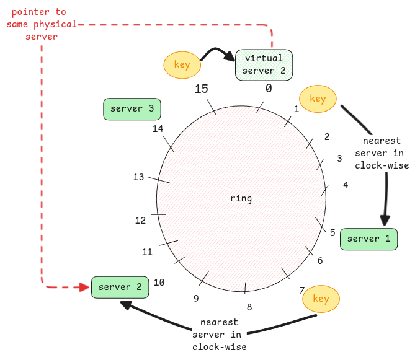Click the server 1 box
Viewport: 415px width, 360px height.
pos(368,239)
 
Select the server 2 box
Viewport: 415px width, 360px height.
pos(120,287)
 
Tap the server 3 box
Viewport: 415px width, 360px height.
pos(132,108)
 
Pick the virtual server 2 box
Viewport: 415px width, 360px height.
pos(264,64)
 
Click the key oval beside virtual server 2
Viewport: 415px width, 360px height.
pos(182,65)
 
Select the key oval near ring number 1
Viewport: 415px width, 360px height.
pos(318,99)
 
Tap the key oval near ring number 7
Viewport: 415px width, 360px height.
pos(321,299)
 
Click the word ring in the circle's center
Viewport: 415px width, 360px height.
pos(241,198)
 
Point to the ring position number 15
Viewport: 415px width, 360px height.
pos(201,89)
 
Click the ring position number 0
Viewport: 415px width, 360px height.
pos(269,89)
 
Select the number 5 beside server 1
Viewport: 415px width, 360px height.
pos(332,233)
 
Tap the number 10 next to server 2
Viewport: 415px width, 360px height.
pos(159,283)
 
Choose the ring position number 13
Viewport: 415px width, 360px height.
pos(138,177)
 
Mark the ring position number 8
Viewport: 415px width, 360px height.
pos(249,307)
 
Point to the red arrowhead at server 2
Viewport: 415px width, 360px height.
pos(84,287)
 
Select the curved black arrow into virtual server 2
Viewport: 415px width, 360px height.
pos(218,51)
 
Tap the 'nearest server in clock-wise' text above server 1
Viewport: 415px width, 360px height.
pos(382,153)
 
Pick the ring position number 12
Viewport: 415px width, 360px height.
pos(140,221)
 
